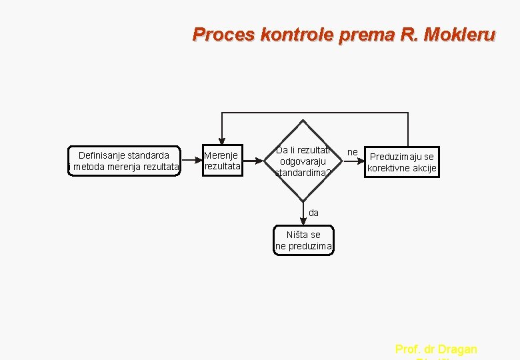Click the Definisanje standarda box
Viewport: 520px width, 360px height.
125,161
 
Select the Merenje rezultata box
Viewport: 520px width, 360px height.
222,161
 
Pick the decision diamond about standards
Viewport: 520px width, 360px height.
303,161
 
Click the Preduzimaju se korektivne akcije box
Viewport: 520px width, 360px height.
402,162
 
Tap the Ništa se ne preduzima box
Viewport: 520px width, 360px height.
303,240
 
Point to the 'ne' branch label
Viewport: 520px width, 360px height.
353,153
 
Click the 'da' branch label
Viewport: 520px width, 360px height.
313,213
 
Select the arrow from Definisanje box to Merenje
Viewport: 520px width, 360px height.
192,161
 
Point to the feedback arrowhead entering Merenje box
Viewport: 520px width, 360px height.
222,140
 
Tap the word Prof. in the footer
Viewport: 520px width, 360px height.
406,349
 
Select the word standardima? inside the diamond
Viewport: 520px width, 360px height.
303,173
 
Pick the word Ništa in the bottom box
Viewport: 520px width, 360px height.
295,235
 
